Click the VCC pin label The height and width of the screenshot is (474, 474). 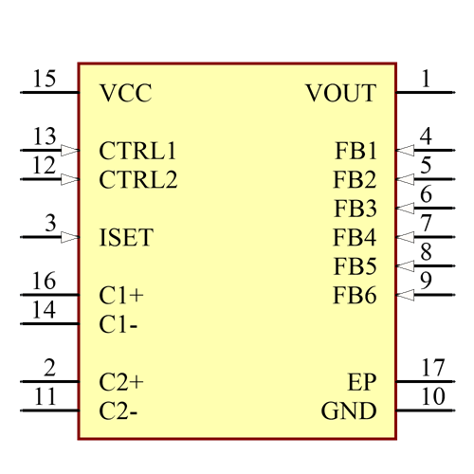[x=125, y=93]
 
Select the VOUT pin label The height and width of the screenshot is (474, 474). [x=340, y=93]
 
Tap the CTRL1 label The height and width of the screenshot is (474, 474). [x=137, y=151]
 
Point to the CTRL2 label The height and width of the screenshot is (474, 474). [x=137, y=179]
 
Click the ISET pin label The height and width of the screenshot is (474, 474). [x=125, y=237]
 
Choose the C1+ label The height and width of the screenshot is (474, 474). [x=121, y=295]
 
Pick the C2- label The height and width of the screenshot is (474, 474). [x=121, y=411]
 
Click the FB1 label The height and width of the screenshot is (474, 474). [x=355, y=151]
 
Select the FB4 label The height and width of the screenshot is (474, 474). [x=355, y=237]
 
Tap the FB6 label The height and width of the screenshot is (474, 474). [x=355, y=295]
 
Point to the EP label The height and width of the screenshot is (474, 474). [x=362, y=382]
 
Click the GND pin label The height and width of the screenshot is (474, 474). [x=349, y=411]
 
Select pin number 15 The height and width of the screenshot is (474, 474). [x=44, y=78]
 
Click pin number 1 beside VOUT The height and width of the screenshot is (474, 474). [x=426, y=78]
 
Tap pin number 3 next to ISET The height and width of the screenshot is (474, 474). [x=49, y=223]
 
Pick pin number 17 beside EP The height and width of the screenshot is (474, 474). [x=432, y=367]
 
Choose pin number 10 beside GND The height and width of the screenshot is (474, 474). [x=432, y=395]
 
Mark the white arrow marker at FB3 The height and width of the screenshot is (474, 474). [x=405, y=208]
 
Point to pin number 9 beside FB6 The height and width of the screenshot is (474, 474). [x=426, y=281]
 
